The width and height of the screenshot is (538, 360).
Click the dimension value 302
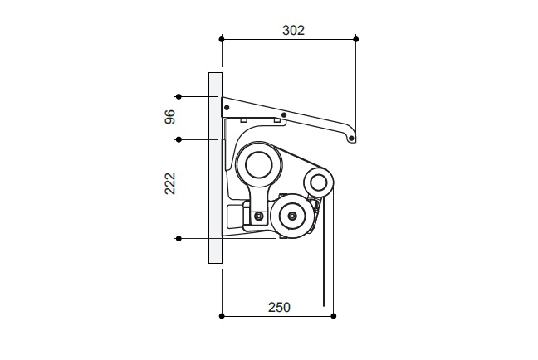click(293, 31)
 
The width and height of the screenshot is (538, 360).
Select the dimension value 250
click(279, 307)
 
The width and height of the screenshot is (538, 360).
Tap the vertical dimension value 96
click(170, 117)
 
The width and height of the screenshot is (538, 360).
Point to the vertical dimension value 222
click(170, 184)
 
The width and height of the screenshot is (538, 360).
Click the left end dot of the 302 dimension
click(222, 40)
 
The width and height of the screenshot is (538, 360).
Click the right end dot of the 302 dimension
click(356, 40)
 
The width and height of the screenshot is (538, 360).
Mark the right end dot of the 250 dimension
click(334, 316)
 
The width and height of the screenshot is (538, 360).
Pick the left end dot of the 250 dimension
click(222, 316)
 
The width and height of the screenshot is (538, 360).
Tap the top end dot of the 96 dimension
click(179, 97)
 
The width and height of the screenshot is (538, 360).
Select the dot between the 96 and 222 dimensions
click(179, 139)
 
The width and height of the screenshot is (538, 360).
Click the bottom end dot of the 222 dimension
click(179, 239)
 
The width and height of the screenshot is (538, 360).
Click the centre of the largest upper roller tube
click(259, 164)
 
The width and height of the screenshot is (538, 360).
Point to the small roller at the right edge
click(319, 182)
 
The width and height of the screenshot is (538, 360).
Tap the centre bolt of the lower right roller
click(292, 216)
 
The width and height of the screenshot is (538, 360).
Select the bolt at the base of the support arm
click(258, 216)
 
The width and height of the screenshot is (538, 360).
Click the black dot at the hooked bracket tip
click(351, 139)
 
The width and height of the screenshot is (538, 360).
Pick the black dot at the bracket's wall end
click(227, 108)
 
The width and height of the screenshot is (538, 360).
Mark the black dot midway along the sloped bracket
click(284, 114)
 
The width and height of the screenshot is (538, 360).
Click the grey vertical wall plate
click(216, 168)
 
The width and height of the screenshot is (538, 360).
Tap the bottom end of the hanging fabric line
click(324, 306)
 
